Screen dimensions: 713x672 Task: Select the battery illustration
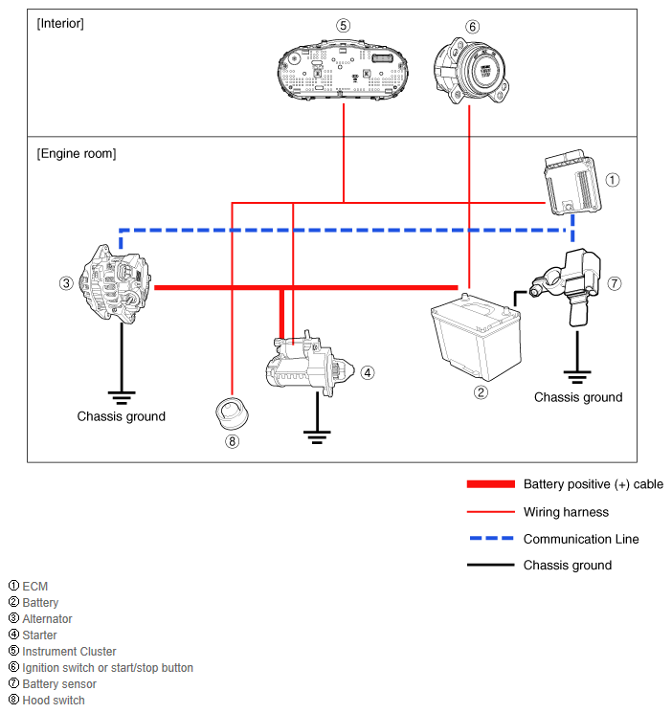pyautogui.click(x=475, y=338)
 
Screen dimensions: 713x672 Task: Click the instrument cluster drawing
pyautogui.click(x=343, y=69)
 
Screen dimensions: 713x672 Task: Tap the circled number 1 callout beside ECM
pyautogui.click(x=614, y=179)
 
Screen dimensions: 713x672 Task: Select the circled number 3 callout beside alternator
pyautogui.click(x=66, y=283)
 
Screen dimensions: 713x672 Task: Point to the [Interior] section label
pyautogui.click(x=60, y=23)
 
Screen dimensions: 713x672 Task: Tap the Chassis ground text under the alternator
pyautogui.click(x=122, y=416)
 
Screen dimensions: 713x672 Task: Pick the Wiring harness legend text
pyautogui.click(x=566, y=512)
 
